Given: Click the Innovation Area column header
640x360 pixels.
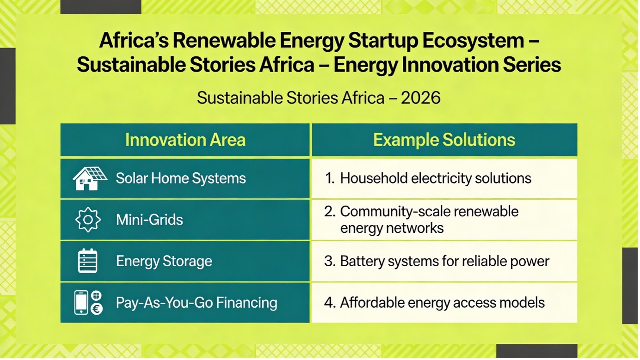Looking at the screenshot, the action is click(x=185, y=140).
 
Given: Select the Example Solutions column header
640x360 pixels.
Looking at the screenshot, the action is click(x=444, y=140).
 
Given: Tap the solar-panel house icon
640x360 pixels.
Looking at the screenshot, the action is click(x=90, y=178).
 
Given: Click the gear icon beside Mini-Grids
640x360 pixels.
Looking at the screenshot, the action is click(x=88, y=220).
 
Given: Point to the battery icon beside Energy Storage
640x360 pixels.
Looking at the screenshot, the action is click(x=88, y=261).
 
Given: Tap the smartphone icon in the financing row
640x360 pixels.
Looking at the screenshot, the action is click(x=81, y=302).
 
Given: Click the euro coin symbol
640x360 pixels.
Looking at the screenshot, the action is click(x=97, y=309).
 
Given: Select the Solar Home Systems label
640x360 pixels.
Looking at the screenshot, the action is click(x=181, y=178).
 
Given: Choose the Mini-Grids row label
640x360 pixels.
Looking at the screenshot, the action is click(x=149, y=220).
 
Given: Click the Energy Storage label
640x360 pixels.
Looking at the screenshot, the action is click(x=164, y=261).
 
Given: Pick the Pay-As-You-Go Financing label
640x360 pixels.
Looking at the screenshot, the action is click(x=197, y=303).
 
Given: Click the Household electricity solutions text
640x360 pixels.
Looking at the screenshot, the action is click(x=436, y=178).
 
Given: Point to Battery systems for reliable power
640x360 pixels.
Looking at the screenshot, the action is click(x=444, y=261).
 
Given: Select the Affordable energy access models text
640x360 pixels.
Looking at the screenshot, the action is click(x=442, y=303).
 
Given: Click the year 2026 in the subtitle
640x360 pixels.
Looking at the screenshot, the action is click(x=420, y=98).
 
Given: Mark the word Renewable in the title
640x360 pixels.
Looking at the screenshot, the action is click(x=224, y=40).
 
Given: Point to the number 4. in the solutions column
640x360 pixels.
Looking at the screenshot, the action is click(x=330, y=303).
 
